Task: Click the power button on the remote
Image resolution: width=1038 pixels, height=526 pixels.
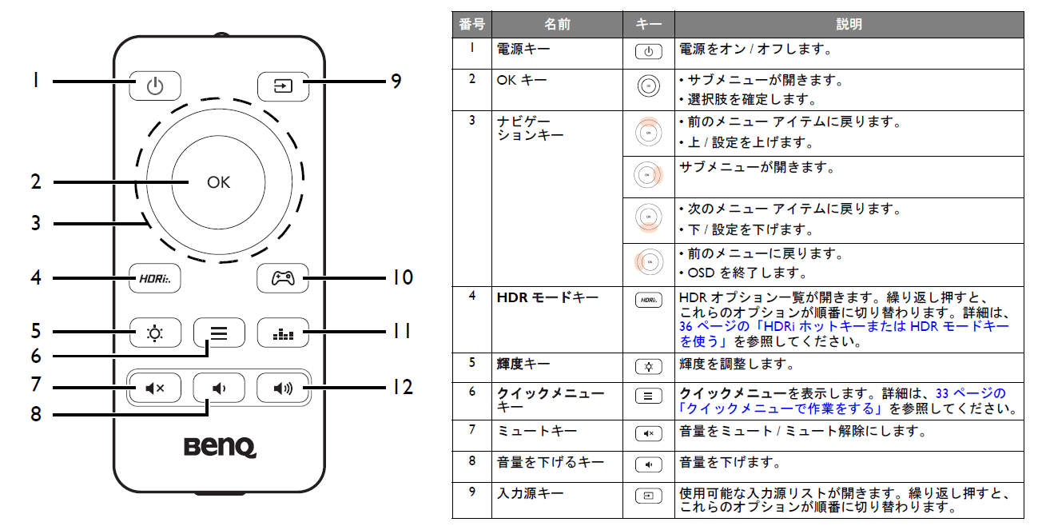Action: pos(155,86)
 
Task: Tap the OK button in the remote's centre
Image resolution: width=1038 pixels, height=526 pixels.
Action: pos(218,182)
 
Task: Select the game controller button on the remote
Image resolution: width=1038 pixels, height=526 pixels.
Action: pos(283,278)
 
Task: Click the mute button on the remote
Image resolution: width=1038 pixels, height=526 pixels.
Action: pos(155,388)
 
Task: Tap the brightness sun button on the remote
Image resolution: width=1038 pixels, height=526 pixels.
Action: pos(155,333)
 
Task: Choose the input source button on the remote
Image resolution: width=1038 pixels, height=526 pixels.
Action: pos(283,86)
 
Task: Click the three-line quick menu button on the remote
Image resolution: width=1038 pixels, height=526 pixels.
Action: pos(219,333)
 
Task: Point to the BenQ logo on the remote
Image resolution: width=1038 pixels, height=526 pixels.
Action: pos(220,447)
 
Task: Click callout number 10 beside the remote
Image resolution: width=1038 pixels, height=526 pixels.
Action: pos(403,277)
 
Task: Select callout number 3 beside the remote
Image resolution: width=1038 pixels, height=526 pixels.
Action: pos(36,223)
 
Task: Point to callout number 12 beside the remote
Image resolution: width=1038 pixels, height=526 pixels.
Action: pos(403,388)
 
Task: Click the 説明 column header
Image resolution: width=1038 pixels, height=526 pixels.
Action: pos(849,24)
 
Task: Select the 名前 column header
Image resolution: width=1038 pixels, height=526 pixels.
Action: pos(557,24)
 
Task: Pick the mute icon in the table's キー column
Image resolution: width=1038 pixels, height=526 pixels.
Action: pos(648,433)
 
